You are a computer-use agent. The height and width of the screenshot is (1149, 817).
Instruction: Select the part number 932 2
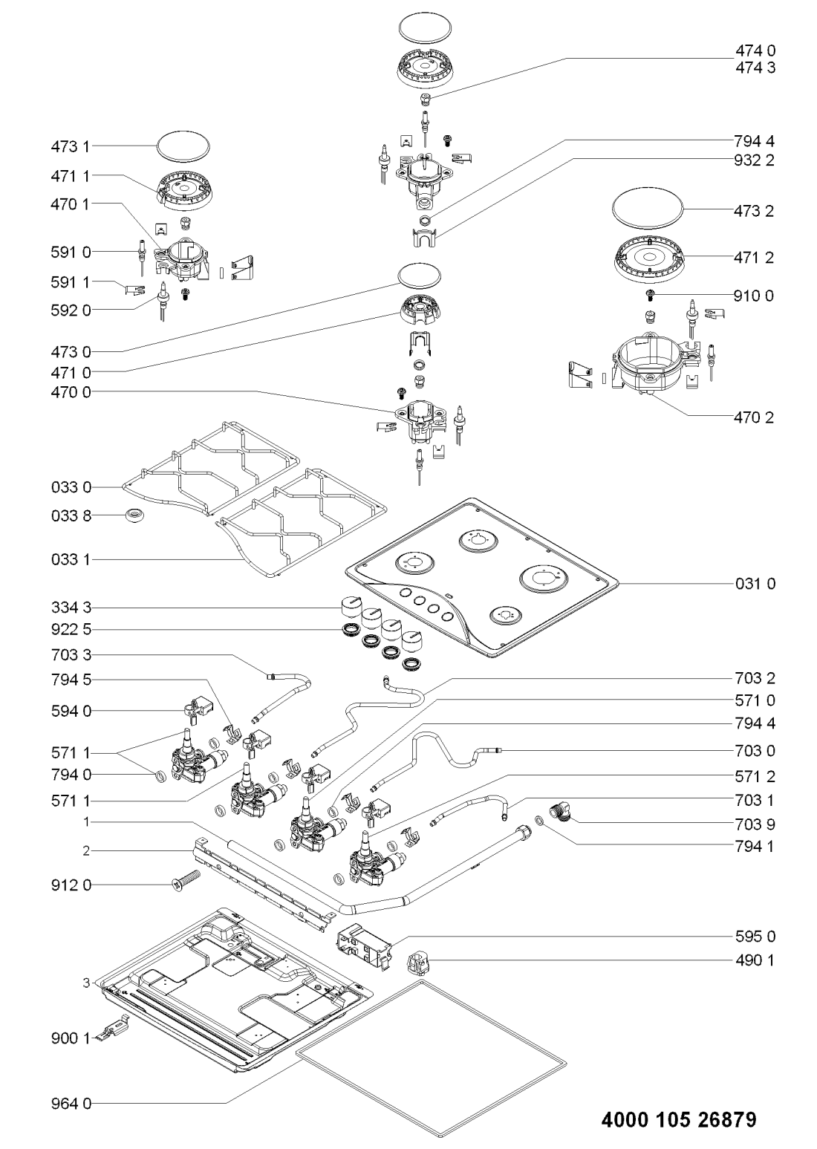pos(754,160)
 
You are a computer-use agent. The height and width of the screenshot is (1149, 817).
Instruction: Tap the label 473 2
pos(754,211)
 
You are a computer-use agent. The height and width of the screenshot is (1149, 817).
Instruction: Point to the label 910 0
pos(754,296)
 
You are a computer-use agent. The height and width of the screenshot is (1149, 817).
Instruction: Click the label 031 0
pos(755,584)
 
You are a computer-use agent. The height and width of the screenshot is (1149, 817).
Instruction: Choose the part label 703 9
pos(755,824)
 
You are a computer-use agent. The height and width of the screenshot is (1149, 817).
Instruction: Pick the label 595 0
pos(755,936)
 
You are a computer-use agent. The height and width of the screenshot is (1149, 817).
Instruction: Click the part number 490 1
pos(755,960)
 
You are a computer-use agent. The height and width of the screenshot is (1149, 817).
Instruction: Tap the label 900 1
pos(71,1039)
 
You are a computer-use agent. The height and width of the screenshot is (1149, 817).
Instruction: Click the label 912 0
pos(71,885)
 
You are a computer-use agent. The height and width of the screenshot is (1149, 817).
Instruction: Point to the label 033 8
pos(71,515)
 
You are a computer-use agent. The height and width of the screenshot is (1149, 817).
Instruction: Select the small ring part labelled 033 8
pos(135,515)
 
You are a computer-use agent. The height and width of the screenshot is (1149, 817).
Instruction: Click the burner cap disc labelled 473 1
pos(183,146)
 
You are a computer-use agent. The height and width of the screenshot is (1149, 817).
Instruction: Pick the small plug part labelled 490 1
pos(417,961)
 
